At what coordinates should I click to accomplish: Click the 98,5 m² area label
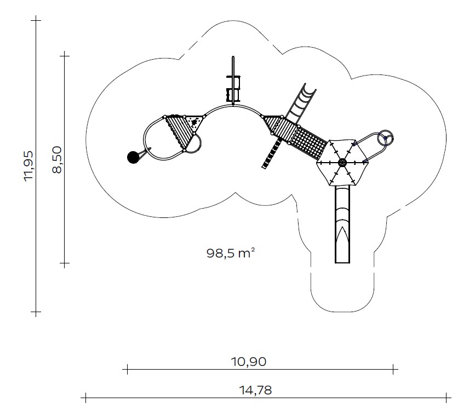pyautogui.click(x=231, y=253)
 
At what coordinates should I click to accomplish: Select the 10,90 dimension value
pyautogui.click(x=249, y=361)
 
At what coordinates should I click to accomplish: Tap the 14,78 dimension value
pyautogui.click(x=255, y=390)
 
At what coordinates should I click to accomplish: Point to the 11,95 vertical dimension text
pyautogui.click(x=29, y=166)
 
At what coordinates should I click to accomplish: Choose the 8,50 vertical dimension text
pyautogui.click(x=57, y=159)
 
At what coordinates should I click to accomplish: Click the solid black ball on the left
pyautogui.click(x=133, y=157)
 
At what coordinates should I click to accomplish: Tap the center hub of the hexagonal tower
pyautogui.click(x=342, y=163)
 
